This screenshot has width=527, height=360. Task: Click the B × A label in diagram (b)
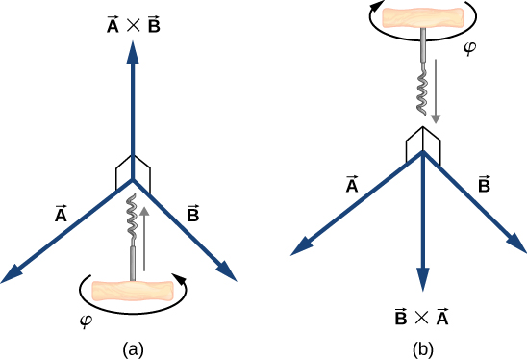point(422,316)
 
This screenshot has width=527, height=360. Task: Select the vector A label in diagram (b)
point(352,185)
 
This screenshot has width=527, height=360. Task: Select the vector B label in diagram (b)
point(485,185)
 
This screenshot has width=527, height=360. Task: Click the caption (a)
point(134,347)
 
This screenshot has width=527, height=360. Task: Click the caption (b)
point(423,347)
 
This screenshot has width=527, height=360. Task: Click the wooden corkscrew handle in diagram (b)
point(422,16)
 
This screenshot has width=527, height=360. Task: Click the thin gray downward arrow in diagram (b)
point(437,91)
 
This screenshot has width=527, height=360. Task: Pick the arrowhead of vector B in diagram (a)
point(227,273)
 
